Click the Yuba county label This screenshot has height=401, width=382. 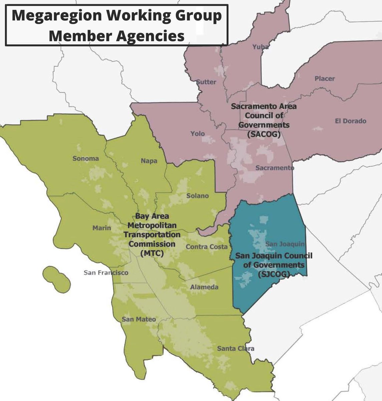(260, 47)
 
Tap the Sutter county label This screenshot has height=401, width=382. (206, 82)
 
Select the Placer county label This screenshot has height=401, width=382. (324, 79)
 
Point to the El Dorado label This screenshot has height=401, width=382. (350, 121)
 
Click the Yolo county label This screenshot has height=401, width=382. (198, 134)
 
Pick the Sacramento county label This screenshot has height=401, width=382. (275, 168)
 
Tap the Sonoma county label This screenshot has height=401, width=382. (86, 158)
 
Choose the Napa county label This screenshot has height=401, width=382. (149, 161)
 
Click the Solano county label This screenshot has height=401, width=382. (198, 195)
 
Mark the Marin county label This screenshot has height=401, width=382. (101, 228)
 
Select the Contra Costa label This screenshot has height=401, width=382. (207, 247)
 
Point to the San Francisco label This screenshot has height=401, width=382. (106, 273)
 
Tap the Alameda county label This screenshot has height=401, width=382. (204, 287)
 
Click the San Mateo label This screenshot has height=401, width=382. (138, 319)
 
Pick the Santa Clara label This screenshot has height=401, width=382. (236, 349)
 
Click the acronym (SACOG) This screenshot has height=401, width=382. (264, 134)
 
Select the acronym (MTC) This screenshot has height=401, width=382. (152, 253)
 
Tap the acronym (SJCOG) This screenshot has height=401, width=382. (274, 274)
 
